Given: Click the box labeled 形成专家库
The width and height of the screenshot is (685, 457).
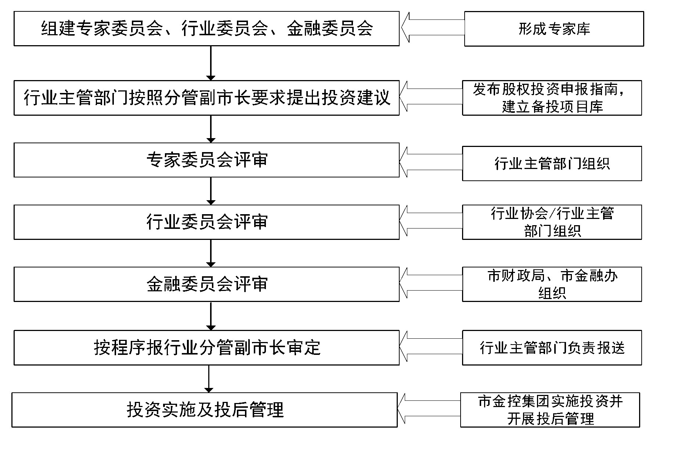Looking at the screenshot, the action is pyautogui.click(x=554, y=29).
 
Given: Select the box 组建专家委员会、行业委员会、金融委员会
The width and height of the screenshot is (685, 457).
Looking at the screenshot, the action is pyautogui.click(x=206, y=29).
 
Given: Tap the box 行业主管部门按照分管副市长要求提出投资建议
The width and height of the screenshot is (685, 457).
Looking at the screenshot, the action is pyautogui.click(x=206, y=98).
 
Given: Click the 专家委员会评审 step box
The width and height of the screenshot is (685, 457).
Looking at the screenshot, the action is pyautogui.click(x=206, y=160).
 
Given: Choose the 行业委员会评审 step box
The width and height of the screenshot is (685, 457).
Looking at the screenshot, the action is pyautogui.click(x=206, y=222).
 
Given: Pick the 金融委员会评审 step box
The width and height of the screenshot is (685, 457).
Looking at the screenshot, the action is pyautogui.click(x=206, y=284).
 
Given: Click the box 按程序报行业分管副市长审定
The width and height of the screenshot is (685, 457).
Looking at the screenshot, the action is pyautogui.click(x=206, y=348).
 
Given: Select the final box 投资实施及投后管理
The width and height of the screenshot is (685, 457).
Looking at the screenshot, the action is pyautogui.click(x=205, y=410).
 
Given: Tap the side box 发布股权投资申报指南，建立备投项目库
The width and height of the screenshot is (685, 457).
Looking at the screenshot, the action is pyautogui.click(x=552, y=98).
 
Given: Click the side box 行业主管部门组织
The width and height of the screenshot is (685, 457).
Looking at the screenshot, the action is pyautogui.click(x=552, y=163).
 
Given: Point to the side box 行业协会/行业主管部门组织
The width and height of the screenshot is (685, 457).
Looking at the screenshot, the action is pyautogui.click(x=552, y=222).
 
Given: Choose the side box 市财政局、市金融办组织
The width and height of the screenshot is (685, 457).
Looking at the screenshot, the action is pyautogui.click(x=552, y=284).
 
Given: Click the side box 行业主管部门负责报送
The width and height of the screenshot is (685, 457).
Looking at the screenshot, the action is pyautogui.click(x=552, y=348).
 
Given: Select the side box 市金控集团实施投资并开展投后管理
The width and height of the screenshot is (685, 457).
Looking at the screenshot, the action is pyautogui.click(x=550, y=410).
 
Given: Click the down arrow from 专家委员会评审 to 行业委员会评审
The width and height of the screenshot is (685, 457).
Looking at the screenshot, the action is pyautogui.click(x=211, y=191).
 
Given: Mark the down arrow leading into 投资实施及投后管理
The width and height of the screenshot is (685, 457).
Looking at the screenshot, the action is pyautogui.click(x=209, y=379).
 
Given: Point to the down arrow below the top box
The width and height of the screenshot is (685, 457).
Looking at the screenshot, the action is pyautogui.click(x=211, y=63).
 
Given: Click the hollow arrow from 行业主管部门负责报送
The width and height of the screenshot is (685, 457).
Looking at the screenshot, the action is pyautogui.click(x=431, y=346).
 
